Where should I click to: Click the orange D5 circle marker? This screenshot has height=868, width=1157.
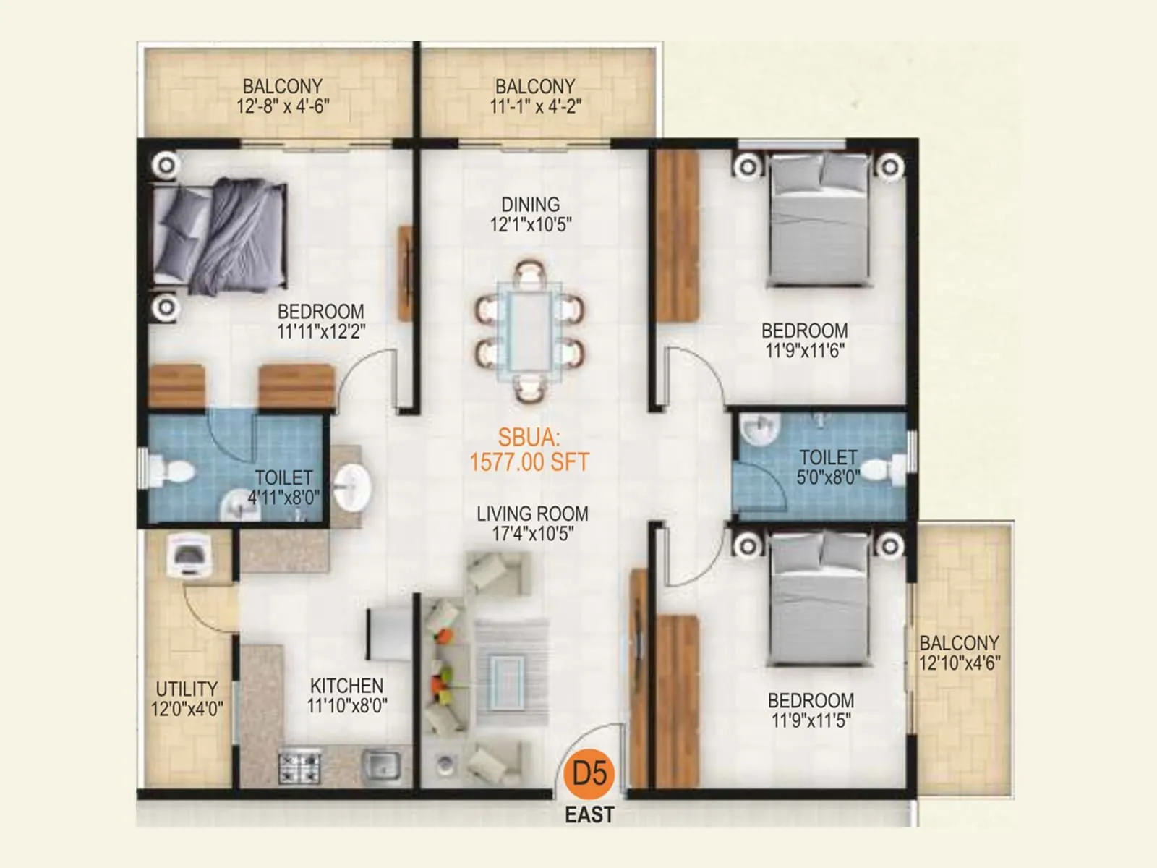click(589, 773)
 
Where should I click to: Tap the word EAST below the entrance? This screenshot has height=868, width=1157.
click(589, 814)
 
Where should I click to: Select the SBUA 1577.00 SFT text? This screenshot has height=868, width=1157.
click(529, 450)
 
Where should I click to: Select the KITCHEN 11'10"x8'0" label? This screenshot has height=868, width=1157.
click(347, 695)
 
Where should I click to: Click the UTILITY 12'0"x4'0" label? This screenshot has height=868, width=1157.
click(187, 699)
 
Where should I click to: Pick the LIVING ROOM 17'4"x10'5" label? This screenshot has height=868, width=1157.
click(532, 524)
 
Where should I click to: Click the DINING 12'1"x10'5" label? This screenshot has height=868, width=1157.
click(531, 214)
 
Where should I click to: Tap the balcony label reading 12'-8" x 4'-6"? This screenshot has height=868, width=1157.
click(283, 96)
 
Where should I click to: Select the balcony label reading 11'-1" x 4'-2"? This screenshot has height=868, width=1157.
click(535, 96)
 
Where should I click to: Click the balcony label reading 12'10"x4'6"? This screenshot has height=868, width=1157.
click(960, 652)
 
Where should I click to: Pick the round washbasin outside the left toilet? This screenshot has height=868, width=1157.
click(354, 485)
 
